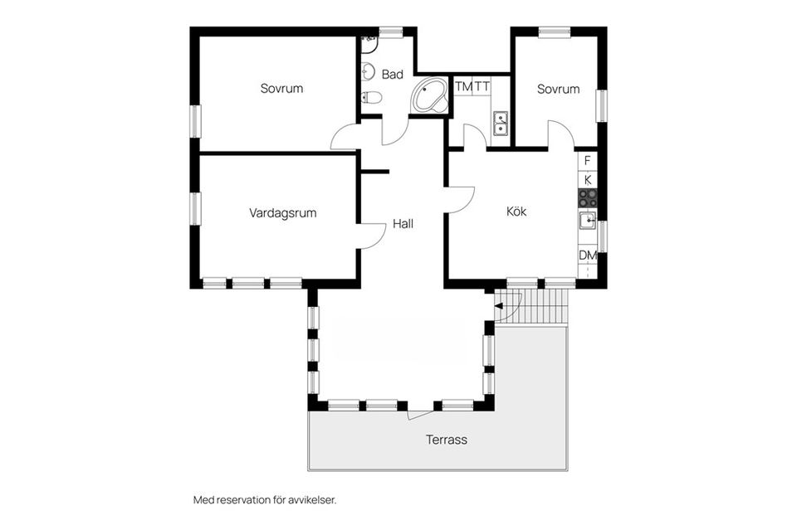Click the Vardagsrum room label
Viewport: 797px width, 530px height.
coord(282,213)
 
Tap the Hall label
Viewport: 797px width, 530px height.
coord(403,224)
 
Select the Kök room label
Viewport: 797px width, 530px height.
coord(516,212)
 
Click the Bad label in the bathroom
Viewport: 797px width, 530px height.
coord(393,75)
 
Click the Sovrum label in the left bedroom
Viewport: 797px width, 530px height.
coord(281,88)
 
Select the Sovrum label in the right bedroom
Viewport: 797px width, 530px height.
coord(558,89)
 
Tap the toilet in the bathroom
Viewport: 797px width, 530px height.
coord(371,98)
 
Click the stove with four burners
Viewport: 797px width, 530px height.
coord(588,197)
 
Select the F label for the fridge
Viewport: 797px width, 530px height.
coord(588,160)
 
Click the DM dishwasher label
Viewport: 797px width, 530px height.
coord(588,255)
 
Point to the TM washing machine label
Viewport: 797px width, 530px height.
coord(463,86)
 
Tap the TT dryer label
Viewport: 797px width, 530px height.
coord(482,86)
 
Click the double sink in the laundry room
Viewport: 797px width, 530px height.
coord(501,124)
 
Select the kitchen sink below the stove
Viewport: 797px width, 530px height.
coord(588,220)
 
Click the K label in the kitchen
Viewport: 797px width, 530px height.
coord(588,179)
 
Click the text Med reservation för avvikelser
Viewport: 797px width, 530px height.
coord(265,500)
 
